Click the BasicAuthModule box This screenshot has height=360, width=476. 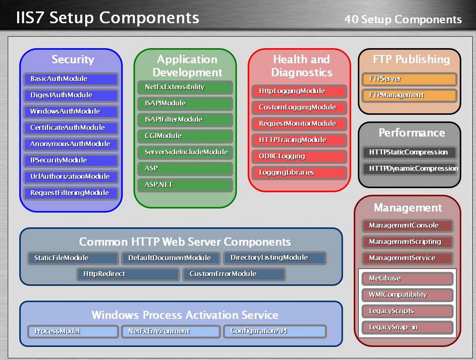(x=71, y=79)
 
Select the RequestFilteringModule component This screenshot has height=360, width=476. (x=71, y=193)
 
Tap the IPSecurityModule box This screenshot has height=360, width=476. (x=71, y=160)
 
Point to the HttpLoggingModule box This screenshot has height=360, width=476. (x=299, y=92)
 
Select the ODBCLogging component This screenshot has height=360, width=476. (x=299, y=157)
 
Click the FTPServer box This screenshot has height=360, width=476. (x=410, y=79)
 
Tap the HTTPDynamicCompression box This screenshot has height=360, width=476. (x=410, y=169)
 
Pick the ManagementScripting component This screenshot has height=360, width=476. (x=407, y=242)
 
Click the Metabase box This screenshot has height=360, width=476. (x=407, y=279)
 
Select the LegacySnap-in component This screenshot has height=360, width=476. (x=407, y=327)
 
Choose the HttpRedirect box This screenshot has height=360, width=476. (x=128, y=274)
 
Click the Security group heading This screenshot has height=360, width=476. (x=73, y=59)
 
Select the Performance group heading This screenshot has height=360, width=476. (x=411, y=133)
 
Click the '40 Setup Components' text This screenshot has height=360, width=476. (x=403, y=20)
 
